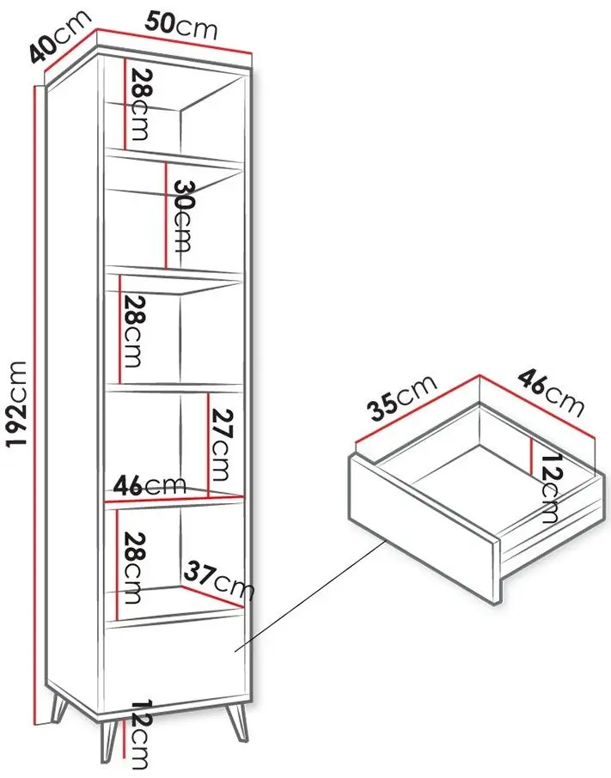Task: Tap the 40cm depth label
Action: (x=59, y=35)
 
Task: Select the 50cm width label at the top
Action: (x=181, y=27)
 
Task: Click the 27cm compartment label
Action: (x=220, y=445)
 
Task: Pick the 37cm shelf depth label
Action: (x=218, y=580)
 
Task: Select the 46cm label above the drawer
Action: (x=551, y=393)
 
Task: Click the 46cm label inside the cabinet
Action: (x=150, y=485)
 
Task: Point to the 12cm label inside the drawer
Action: (x=548, y=489)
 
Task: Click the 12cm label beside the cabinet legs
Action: (x=138, y=737)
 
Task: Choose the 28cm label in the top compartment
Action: (x=138, y=104)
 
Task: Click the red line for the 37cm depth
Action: (x=213, y=597)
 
